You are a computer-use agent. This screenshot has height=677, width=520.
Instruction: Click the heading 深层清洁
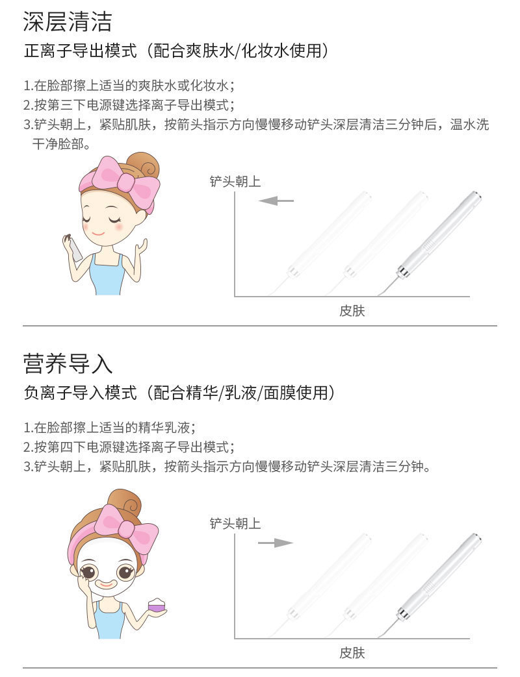[67, 21]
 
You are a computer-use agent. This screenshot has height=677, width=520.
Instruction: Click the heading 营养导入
[67, 363]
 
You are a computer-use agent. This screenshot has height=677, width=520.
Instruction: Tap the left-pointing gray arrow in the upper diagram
[276, 201]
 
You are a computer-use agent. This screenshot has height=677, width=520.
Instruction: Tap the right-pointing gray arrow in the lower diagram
[276, 543]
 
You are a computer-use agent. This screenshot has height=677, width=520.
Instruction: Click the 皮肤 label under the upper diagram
[352, 311]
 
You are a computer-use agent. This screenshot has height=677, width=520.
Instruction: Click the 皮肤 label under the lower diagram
[352, 652]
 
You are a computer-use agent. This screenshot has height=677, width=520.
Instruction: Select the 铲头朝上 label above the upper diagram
[235, 182]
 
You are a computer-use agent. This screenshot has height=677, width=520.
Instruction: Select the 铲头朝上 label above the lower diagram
[235, 523]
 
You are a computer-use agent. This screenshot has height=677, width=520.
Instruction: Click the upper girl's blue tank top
[107, 275]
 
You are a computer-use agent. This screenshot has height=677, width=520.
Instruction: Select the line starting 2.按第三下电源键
[128, 105]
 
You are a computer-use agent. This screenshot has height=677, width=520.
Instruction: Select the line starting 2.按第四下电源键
[128, 447]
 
